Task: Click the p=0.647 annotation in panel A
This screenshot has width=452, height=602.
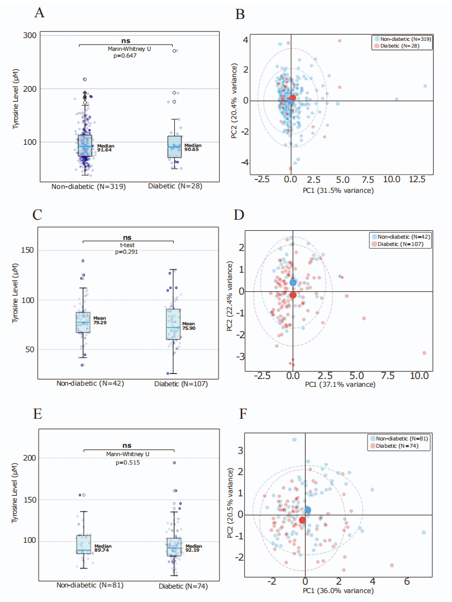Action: coord(126,56)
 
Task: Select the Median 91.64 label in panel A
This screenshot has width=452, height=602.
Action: coord(105,148)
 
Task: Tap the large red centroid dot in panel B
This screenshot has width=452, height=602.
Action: coord(293,98)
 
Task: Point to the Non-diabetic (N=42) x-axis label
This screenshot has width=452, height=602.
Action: coord(90,383)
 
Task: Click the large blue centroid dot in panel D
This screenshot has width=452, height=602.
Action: coord(293,282)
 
